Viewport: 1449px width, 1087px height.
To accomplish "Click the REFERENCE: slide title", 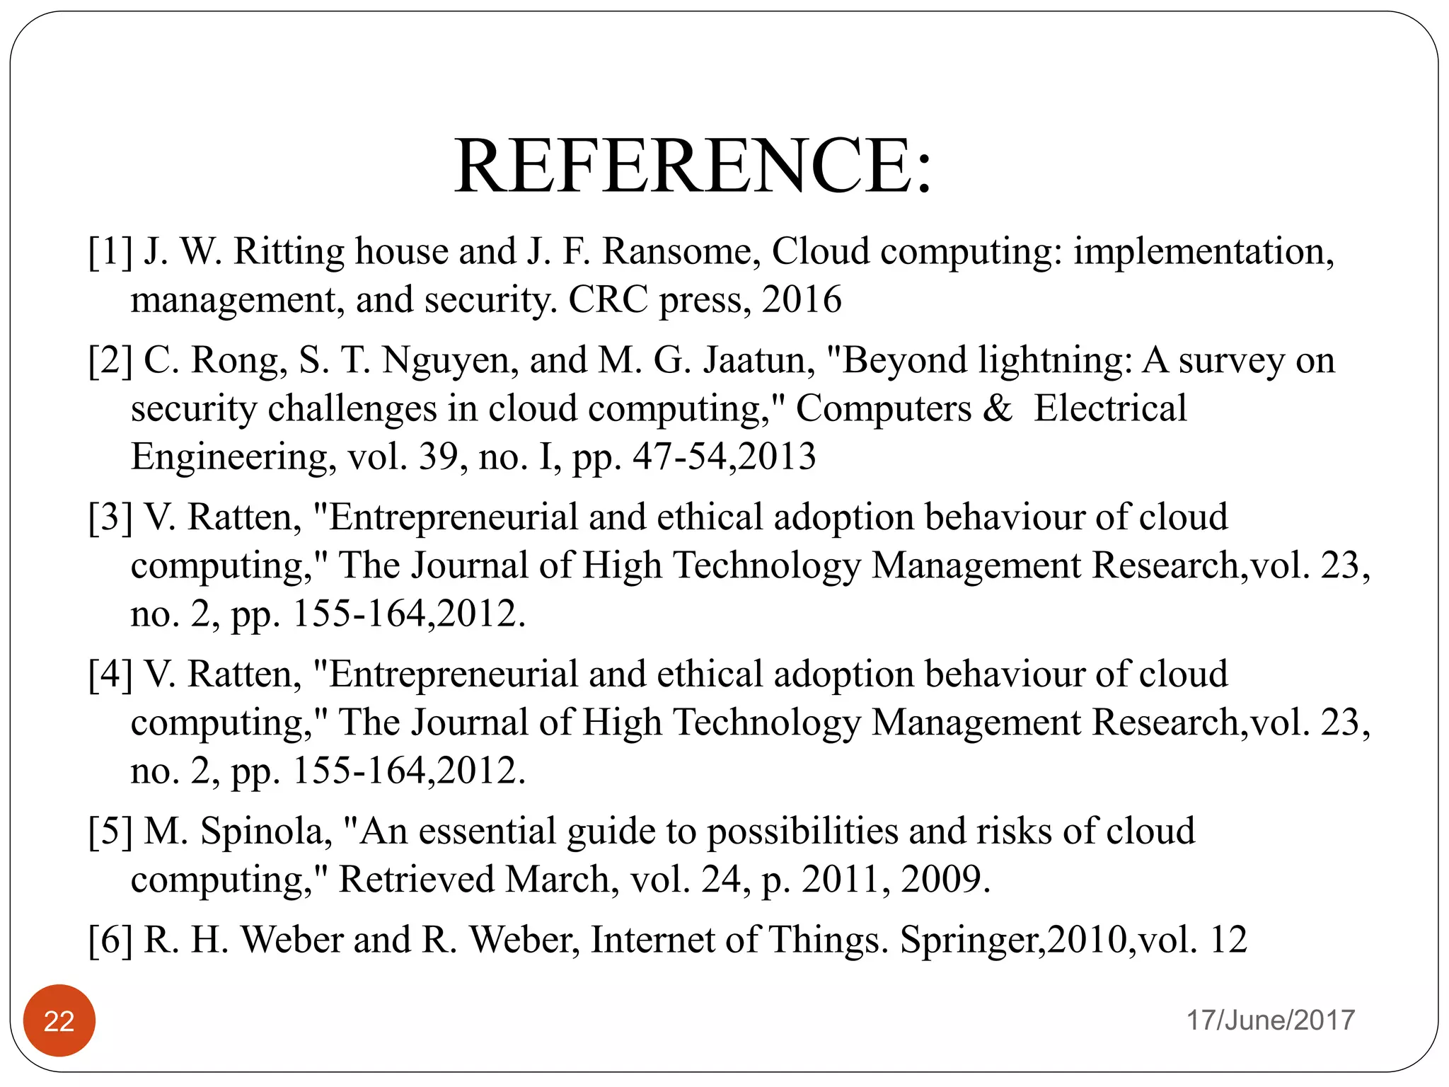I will click(x=693, y=166).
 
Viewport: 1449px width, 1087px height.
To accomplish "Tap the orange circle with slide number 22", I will click(x=59, y=1020).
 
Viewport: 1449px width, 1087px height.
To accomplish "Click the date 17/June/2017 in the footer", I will click(x=1270, y=1020).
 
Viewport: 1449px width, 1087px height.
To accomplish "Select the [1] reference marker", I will click(x=110, y=252).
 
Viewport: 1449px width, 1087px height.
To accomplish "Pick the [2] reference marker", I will click(x=110, y=361).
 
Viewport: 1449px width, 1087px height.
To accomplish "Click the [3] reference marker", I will click(x=110, y=518).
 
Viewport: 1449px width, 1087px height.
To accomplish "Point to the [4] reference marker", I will click(x=110, y=675).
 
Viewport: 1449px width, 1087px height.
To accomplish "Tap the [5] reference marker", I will click(x=110, y=832).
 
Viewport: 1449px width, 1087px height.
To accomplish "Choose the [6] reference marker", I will click(x=110, y=941).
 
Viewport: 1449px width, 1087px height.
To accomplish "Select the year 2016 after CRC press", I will click(x=802, y=300).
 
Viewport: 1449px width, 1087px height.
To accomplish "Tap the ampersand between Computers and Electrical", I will click(x=998, y=409).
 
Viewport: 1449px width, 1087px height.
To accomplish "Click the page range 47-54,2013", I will click(x=724, y=457).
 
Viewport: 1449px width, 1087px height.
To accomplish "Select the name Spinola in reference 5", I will click(x=266, y=832).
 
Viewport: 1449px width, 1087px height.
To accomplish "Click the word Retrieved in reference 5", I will click(x=417, y=880).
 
